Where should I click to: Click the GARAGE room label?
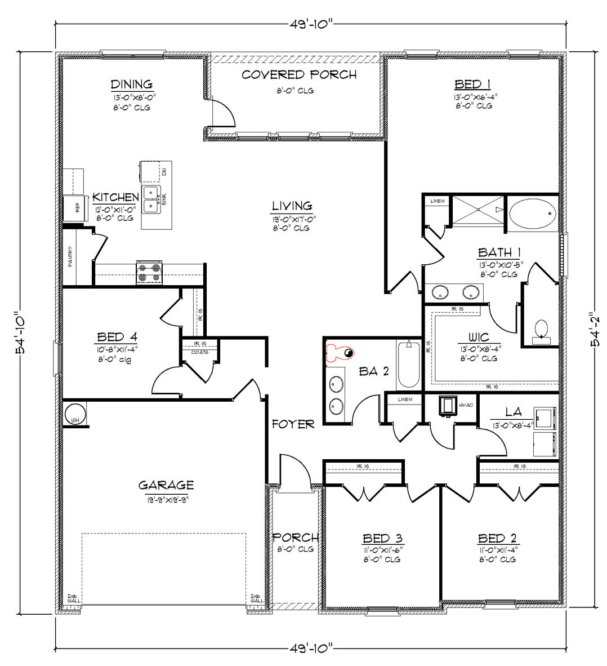[166, 485]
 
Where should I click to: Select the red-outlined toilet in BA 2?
[340, 353]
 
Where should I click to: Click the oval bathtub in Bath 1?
[532, 214]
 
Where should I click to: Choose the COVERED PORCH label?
[299, 75]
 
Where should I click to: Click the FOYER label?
[293, 424]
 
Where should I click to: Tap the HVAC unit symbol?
[448, 405]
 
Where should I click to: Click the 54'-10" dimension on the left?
[20, 333]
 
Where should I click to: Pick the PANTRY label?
[70, 257]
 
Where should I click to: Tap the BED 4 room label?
[117, 338]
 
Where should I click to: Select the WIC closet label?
[479, 338]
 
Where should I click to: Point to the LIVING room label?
[292, 206]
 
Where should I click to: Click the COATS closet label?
[200, 352]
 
